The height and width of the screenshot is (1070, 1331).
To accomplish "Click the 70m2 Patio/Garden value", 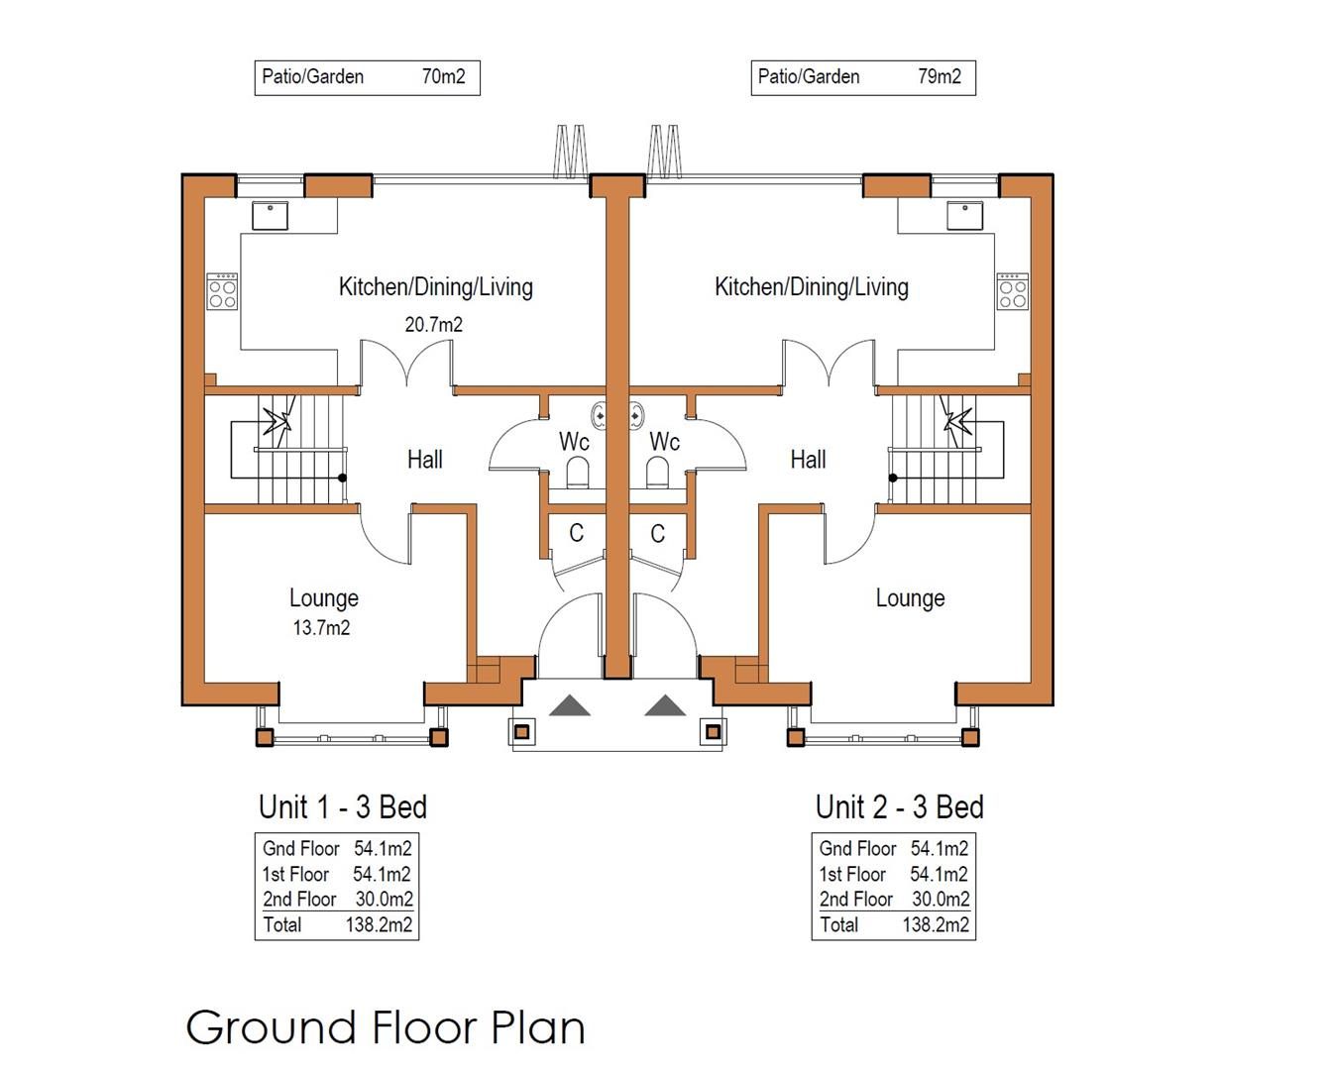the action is coord(443,76).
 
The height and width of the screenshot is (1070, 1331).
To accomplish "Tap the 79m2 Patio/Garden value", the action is coord(939,76).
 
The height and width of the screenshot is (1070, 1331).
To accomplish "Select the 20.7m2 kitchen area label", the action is coord(433,325).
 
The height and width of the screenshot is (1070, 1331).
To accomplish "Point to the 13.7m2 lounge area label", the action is coord(321,628).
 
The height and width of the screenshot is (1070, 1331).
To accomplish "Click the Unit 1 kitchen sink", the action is coord(270,215).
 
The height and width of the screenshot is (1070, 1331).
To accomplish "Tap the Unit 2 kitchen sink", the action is coord(965,215).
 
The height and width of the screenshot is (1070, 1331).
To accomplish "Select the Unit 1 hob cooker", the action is coord(222,291).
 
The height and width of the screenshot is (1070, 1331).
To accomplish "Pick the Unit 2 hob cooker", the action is coord(1013,291).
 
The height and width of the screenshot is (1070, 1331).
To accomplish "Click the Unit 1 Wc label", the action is coord(574,442).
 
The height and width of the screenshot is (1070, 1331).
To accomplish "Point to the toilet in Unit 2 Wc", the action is coord(657,473).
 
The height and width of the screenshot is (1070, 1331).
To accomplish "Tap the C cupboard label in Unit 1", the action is coord(577,533).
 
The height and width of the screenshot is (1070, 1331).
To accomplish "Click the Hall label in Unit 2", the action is coord(808,460).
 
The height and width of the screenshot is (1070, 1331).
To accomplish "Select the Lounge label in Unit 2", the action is coord(910,598).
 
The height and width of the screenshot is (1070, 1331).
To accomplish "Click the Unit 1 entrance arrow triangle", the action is coord(569,705).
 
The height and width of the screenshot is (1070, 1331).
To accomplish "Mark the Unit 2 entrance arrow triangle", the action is coord(666,705).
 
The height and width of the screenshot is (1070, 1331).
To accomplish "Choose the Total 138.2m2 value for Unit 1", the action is coord(379,924).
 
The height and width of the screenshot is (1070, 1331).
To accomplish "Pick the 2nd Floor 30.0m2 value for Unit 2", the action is coord(941,899).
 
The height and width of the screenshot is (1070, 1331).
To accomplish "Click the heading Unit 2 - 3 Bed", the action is coord(899,807).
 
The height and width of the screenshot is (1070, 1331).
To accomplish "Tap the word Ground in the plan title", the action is coord(272,1028).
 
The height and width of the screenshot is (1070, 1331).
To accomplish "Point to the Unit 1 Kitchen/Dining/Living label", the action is coord(436,287).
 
